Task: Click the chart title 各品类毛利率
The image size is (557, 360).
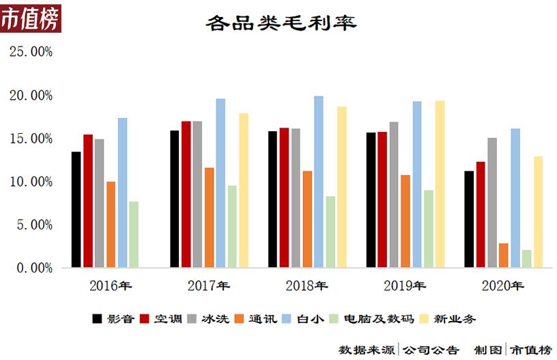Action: click(x=281, y=23)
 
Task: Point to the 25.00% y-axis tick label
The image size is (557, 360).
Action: click(x=30, y=52)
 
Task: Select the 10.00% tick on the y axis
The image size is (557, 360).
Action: click(x=30, y=182)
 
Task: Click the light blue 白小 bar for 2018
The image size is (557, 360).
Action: click(x=319, y=182)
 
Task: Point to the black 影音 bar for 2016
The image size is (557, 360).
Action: click(x=76, y=210)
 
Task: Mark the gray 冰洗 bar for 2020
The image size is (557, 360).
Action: click(x=492, y=203)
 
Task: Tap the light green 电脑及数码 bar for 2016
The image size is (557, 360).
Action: click(x=134, y=234)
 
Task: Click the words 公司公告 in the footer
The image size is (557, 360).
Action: click(x=431, y=350)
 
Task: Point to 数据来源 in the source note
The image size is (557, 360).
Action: click(x=367, y=350)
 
